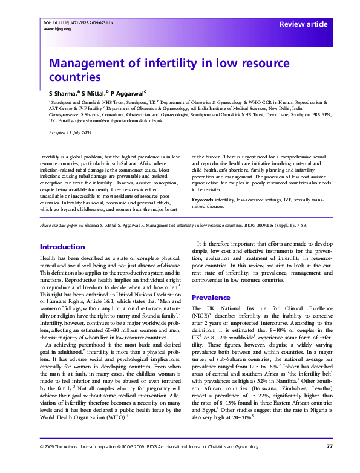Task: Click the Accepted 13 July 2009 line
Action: tap(70, 132)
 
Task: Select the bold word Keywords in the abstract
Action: tap(204, 199)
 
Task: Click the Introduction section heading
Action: tap(62, 247)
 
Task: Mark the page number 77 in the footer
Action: tap(329, 463)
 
